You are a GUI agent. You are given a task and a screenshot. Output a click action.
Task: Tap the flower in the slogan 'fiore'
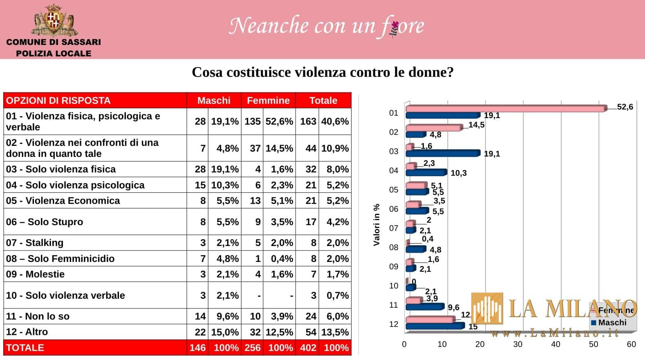coord(394,29)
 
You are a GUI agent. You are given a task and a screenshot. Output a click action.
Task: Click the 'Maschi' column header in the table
coord(214,101)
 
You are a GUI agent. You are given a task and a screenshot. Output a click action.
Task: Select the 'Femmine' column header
coord(268,101)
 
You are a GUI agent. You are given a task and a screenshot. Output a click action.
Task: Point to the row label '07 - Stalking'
coord(35,243)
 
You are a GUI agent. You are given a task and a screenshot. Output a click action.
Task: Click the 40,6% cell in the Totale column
coord(335,121)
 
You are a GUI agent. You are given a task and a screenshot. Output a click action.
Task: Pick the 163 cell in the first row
coord(308,121)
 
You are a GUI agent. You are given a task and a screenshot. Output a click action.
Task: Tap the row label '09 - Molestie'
coord(35,274)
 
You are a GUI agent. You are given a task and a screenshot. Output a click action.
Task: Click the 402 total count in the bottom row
coord(308,348)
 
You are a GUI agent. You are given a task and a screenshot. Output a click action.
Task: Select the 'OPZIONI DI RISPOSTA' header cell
coord(58,101)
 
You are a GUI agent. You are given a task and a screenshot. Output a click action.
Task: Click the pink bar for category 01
coord(506,109)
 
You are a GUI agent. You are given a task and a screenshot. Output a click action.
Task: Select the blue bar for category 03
coord(442,153)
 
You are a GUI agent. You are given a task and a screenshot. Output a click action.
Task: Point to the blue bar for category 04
coord(426,172)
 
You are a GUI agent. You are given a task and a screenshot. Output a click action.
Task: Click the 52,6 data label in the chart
coord(625,107)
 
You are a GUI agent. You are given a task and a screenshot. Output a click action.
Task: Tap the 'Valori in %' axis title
coord(377,224)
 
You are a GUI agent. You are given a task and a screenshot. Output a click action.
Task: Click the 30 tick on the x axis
coord(517,344)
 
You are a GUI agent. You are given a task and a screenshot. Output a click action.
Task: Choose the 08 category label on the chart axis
coord(394,247)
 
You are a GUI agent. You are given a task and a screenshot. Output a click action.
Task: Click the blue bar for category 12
coord(434,326)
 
